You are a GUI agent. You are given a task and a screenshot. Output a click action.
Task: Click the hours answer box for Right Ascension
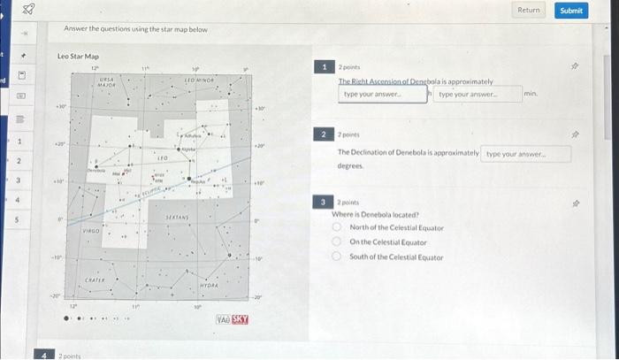click(383, 94)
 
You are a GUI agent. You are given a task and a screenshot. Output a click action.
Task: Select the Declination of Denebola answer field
click(527, 154)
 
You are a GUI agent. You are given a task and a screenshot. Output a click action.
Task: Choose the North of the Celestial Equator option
click(337, 227)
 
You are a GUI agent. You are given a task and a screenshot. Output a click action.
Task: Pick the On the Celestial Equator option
click(337, 241)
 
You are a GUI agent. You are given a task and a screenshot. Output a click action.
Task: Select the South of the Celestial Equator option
click(337, 257)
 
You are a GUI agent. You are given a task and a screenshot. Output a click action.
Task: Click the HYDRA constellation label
click(209, 286)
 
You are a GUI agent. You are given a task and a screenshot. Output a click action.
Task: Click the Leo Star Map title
click(78, 56)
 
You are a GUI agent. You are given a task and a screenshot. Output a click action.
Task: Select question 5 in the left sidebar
click(18, 218)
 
